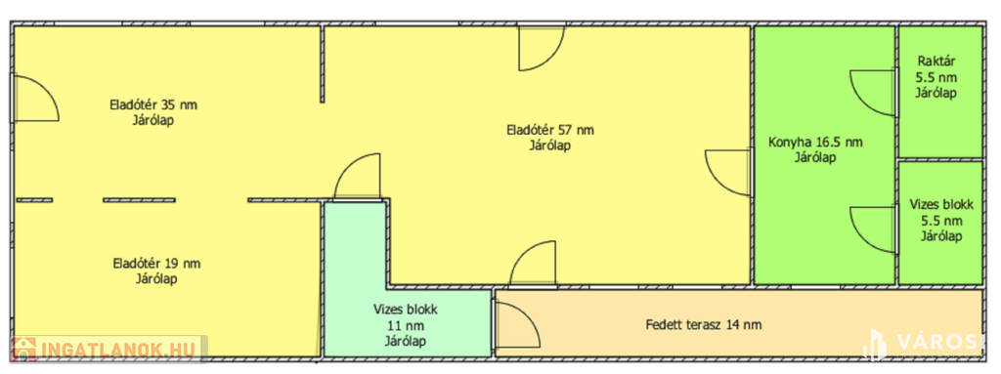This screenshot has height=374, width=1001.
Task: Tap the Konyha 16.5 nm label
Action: pyautogui.click(x=815, y=143)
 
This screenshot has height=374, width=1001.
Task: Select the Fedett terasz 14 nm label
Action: pyautogui.click(x=704, y=325)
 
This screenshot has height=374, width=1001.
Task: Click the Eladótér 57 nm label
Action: pyautogui.click(x=549, y=130)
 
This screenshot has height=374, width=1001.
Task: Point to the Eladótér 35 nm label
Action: pyautogui.click(x=153, y=104)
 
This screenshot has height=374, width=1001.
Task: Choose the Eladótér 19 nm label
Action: pyautogui.click(x=156, y=264)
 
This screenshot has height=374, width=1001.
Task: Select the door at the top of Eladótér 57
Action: pyautogui.click(x=542, y=48)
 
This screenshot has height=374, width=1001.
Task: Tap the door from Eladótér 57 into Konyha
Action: pyautogui.click(x=727, y=172)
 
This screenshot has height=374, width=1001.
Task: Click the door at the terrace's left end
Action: pyautogui.click(x=518, y=325)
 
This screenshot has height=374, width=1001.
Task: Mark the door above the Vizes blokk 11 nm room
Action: pyautogui.click(x=358, y=177)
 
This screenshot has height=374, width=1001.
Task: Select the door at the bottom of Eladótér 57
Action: pyautogui.click(x=533, y=263)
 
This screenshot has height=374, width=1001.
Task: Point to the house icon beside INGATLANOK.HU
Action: pyautogui.click(x=23, y=350)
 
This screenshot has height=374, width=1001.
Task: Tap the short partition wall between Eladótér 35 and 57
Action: pyautogui.click(x=323, y=63)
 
